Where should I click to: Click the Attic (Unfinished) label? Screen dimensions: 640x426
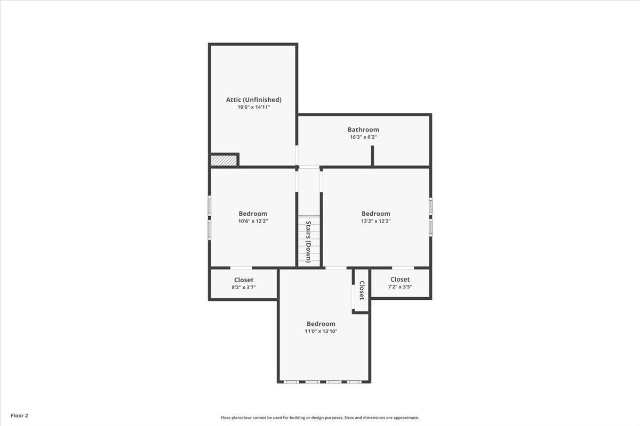tap(254, 100)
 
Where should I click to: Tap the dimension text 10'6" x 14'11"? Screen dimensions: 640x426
tap(254, 107)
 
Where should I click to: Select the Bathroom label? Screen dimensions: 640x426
tap(363, 129)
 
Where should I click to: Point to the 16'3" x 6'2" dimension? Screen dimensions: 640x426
tap(363, 137)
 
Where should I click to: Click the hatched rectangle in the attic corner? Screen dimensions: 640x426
tap(223, 160)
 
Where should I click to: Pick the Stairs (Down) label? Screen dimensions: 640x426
tap(308, 242)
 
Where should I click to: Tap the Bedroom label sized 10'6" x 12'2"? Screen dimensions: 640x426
tap(253, 214)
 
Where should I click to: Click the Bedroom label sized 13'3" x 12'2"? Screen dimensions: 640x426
tap(375, 214)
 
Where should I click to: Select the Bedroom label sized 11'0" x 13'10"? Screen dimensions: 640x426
tap(321, 324)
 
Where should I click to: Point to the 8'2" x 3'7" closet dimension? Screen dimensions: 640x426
tap(244, 288)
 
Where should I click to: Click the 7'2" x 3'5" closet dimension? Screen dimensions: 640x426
tap(400, 287)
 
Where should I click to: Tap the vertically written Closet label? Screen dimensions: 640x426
tap(362, 290)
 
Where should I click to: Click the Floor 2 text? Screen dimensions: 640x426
tap(19, 415)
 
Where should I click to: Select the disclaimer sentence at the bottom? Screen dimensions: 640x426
tap(319, 417)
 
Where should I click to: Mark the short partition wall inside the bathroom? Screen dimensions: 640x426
tap(372, 156)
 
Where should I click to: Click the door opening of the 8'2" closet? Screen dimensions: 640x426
tap(241, 268)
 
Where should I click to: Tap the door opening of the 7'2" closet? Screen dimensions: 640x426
tap(403, 268)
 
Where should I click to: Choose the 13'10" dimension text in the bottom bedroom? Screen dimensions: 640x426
tap(330, 331)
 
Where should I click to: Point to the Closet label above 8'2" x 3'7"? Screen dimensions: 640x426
tap(244, 280)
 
